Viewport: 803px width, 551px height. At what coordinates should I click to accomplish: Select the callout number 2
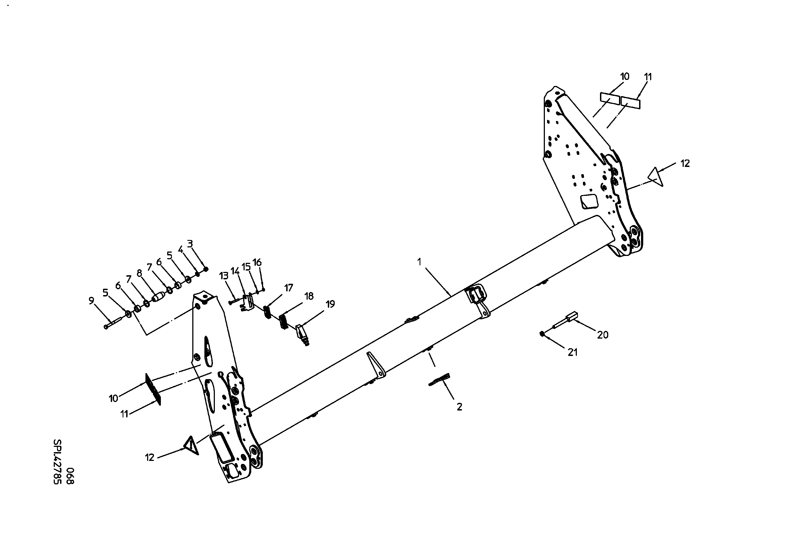[459, 407]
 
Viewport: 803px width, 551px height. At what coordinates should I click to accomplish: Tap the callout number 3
[190, 244]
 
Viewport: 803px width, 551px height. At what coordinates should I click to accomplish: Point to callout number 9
[91, 301]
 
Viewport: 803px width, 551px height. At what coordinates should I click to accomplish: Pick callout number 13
[224, 276]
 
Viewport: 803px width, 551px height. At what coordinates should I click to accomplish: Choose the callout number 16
[257, 262]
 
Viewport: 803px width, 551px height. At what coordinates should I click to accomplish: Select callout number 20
[603, 334]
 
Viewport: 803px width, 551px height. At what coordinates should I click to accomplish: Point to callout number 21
[572, 352]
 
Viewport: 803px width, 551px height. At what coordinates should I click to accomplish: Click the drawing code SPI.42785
[57, 461]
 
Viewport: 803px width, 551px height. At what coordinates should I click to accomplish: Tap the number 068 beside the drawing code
[70, 476]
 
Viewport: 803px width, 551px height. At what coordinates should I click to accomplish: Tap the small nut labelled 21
[542, 333]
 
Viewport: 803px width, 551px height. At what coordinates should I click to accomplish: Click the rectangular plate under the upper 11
[631, 102]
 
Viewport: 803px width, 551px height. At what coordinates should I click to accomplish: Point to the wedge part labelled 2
[439, 379]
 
